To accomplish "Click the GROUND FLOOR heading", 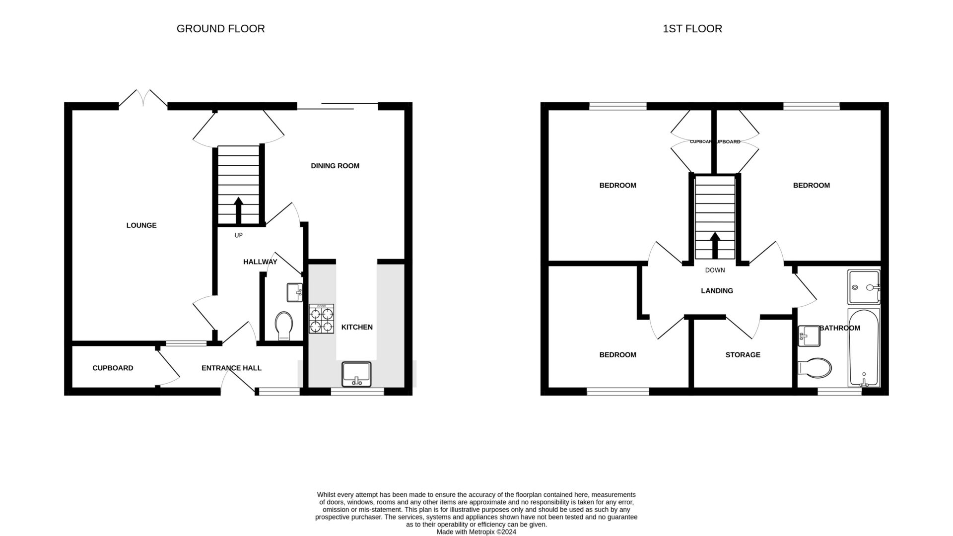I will pyautogui.click(x=220, y=29).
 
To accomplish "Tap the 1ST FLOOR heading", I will pyautogui.click(x=692, y=29).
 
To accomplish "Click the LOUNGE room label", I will pyautogui.click(x=141, y=225).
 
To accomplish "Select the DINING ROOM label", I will pyautogui.click(x=335, y=166).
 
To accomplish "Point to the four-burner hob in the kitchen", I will pyautogui.click(x=321, y=319).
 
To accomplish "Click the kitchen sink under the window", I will pyautogui.click(x=356, y=373).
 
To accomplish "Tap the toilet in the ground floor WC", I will pyautogui.click(x=284, y=325).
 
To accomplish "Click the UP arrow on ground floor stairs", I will pyautogui.click(x=238, y=210).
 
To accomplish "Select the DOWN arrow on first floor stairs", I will pyautogui.click(x=715, y=245).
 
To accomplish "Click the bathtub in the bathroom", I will pyautogui.click(x=864, y=347).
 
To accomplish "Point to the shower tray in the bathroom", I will pyautogui.click(x=863, y=287).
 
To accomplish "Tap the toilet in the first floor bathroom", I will pyautogui.click(x=816, y=368).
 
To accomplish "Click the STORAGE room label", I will pyautogui.click(x=743, y=355).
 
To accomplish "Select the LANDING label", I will pyautogui.click(x=717, y=291).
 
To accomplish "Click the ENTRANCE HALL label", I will pyautogui.click(x=231, y=368).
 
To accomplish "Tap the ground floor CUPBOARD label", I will pyautogui.click(x=113, y=368).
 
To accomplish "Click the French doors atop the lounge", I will pyautogui.click(x=143, y=98).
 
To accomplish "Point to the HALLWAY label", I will pyautogui.click(x=260, y=262).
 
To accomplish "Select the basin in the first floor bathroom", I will pyautogui.click(x=809, y=336).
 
